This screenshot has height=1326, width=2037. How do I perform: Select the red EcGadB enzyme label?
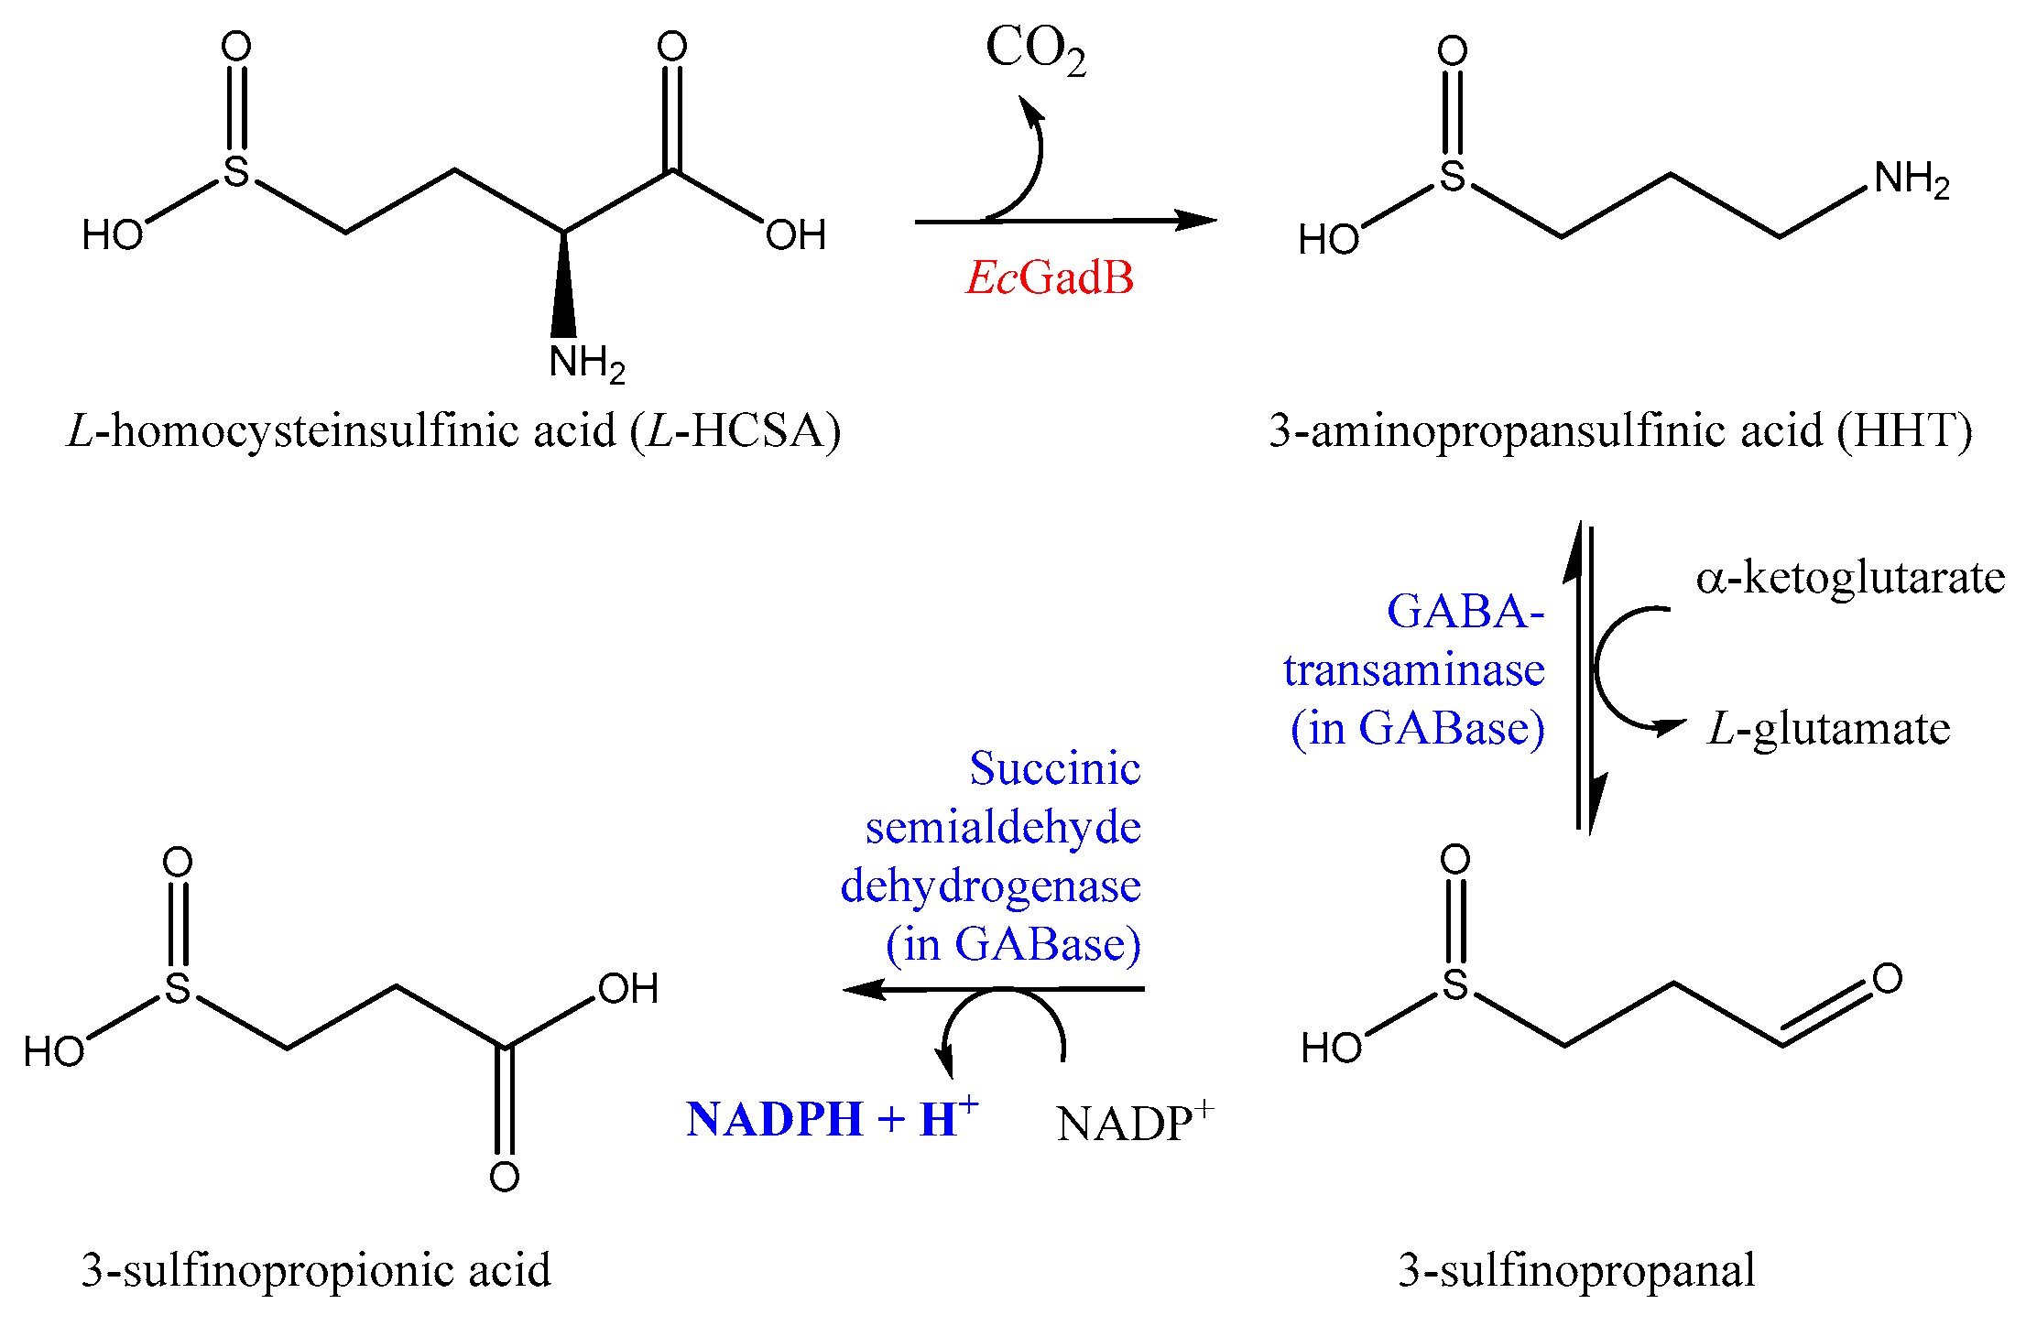pyautogui.click(x=1050, y=277)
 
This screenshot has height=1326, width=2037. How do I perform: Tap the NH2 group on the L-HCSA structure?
pyautogui.click(x=586, y=363)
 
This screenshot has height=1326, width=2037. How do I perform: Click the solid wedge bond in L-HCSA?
pyautogui.click(x=563, y=288)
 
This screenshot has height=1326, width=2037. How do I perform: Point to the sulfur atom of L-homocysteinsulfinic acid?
pyautogui.click(x=236, y=172)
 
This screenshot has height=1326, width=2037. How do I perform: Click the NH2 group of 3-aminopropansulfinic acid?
pyautogui.click(x=1912, y=179)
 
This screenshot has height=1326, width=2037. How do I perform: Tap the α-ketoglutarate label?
pyautogui.click(x=1850, y=578)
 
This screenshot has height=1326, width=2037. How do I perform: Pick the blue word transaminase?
pyautogui.click(x=1413, y=670)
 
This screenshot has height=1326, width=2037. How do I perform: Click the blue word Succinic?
pyautogui.click(x=1055, y=768)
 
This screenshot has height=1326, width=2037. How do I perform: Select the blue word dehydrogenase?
pyautogui.click(x=990, y=886)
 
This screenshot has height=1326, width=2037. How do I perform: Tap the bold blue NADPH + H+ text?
pyautogui.click(x=832, y=1118)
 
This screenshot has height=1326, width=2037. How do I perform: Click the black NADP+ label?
pyautogui.click(x=1134, y=1123)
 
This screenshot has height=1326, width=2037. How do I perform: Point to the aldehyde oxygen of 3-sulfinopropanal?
pyautogui.click(x=1887, y=978)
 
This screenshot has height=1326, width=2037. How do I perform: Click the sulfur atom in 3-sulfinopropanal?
pyautogui.click(x=1455, y=985)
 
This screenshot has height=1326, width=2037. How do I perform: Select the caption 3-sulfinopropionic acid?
pyautogui.click(x=316, y=1270)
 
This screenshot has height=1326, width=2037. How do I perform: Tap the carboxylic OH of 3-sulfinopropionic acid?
pyautogui.click(x=627, y=989)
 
